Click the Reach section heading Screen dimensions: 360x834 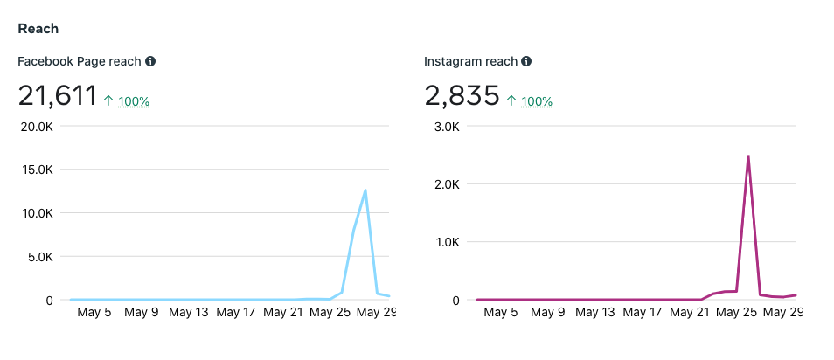point(38,28)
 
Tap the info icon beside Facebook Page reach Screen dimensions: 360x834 point(150,61)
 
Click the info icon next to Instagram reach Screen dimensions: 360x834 point(525,61)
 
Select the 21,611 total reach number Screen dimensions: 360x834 point(57,95)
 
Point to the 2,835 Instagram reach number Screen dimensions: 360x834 point(462,95)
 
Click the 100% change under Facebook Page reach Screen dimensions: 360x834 point(134,101)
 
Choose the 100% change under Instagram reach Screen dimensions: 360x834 point(537,101)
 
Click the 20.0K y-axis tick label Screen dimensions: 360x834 point(36,126)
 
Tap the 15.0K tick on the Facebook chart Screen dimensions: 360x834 point(36,170)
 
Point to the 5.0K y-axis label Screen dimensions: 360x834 point(38,257)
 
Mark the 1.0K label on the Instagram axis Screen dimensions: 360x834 point(444,242)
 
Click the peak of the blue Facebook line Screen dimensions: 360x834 point(365,190)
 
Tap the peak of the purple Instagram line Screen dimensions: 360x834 point(748,156)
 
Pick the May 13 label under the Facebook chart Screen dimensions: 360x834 point(189,312)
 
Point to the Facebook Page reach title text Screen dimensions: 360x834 point(80,61)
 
